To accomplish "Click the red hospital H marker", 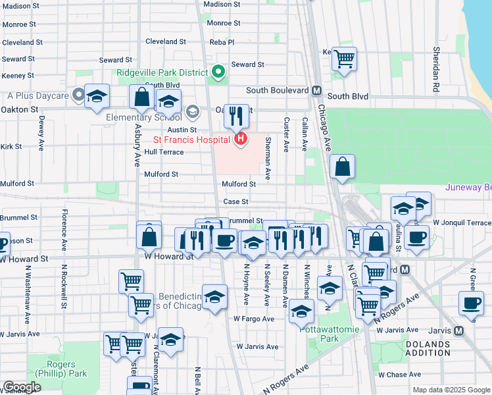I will point(241,139).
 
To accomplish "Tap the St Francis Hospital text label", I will point(191,140).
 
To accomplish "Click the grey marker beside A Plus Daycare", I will point(80,95).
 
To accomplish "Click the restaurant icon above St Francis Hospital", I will point(236,116).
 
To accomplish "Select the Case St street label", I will point(235,201).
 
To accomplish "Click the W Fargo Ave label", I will point(254,319).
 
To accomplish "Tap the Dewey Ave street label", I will point(41,134).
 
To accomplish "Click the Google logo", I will point(22,387).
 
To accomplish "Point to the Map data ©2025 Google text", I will point(451,390).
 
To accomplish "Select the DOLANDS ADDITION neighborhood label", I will point(428,348).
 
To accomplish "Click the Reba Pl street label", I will point(222,41).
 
